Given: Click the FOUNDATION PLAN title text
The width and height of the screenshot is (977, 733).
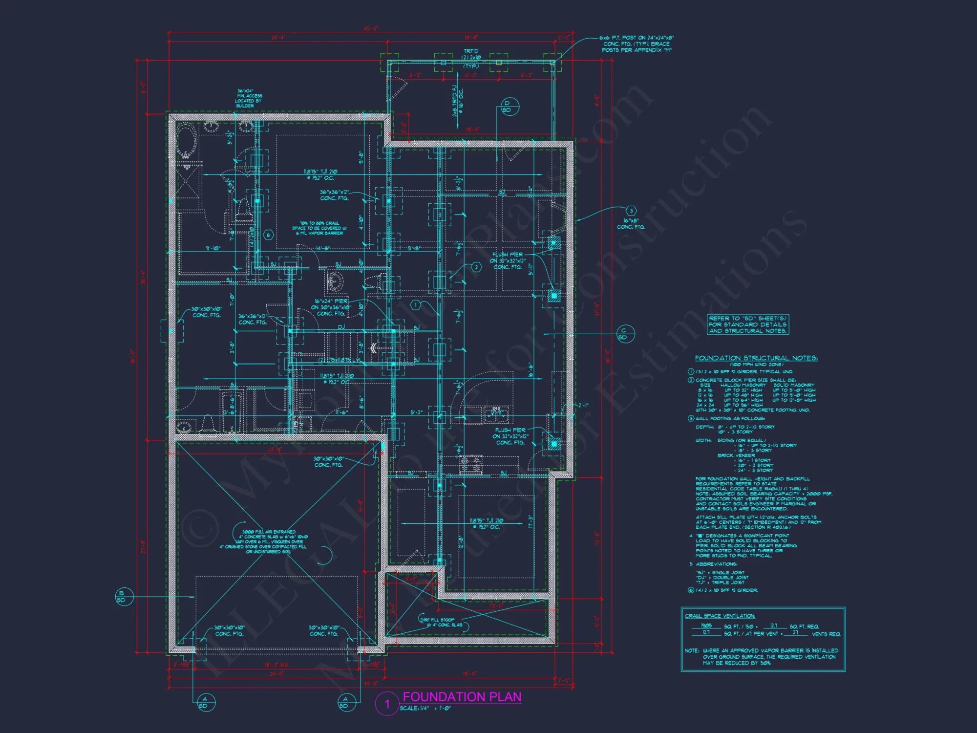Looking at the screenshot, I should (462, 697).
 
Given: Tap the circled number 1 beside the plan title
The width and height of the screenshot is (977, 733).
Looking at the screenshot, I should (387, 704).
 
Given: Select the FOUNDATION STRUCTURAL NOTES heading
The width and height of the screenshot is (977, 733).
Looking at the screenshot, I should (756, 358).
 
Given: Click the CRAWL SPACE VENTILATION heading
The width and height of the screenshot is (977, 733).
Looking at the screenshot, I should (720, 616).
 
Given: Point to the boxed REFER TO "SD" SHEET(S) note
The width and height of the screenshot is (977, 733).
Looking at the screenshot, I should (747, 324).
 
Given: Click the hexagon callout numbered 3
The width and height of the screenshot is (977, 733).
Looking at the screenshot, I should (631, 211).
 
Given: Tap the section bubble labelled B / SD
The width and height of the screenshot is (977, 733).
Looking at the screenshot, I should (122, 597).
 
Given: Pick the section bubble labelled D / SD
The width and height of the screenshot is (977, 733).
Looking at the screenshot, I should (508, 107).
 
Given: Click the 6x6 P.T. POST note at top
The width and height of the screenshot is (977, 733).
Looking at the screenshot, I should (637, 44).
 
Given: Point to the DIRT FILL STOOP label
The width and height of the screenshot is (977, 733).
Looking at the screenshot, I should (441, 622).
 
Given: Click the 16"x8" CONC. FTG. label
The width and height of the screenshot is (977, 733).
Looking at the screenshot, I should (631, 224).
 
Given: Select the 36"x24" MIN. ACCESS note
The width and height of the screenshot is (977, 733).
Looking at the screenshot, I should (249, 98).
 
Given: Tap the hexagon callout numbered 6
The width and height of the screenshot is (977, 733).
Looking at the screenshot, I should (268, 235).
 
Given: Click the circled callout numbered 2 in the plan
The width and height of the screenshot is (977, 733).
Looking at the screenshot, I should (476, 267).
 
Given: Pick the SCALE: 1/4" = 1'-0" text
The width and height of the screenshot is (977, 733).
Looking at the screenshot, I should (425, 708).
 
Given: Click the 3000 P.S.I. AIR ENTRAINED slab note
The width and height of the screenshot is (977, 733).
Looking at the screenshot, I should (268, 541).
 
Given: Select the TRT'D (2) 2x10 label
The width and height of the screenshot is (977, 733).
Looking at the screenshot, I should (471, 58).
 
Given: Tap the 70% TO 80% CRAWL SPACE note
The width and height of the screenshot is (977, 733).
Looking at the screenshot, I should (319, 228).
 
